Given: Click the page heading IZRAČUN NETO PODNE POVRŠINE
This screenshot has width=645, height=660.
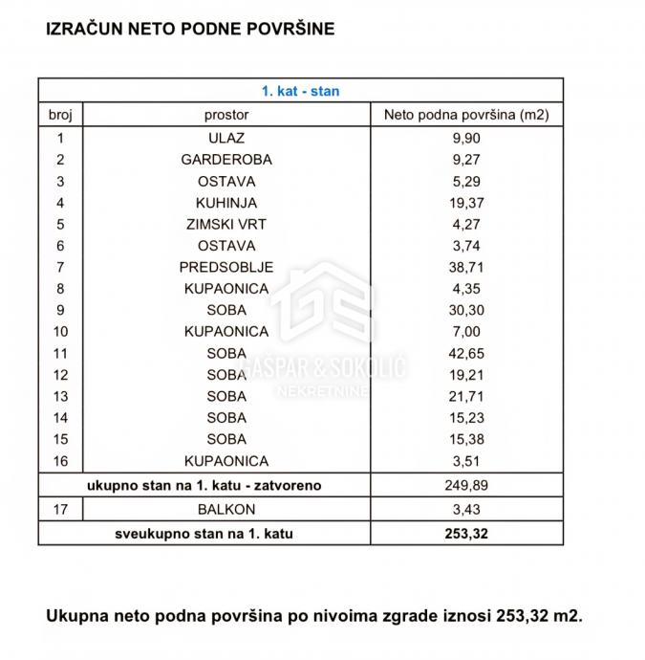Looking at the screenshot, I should [190, 29].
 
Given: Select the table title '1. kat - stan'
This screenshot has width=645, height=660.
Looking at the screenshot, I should [301, 93].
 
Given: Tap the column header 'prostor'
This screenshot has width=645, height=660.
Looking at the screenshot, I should [226, 115].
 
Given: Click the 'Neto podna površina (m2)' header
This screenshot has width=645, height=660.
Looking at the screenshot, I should [466, 115].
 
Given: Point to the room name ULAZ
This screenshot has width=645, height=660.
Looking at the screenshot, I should [226, 138].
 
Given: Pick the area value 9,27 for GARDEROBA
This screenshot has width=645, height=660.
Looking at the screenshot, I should [466, 160].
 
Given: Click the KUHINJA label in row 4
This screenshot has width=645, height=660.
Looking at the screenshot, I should [226, 203].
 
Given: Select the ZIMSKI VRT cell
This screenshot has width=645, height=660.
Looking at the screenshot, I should [226, 225].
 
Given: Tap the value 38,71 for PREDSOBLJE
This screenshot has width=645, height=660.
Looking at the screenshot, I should [466, 267].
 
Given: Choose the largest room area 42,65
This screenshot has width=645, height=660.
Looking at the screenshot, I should [466, 353].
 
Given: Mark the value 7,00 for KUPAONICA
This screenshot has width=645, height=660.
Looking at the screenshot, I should [466, 331].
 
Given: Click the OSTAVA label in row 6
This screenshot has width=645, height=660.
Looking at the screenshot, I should [226, 246].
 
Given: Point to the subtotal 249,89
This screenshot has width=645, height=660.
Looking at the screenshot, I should [466, 486].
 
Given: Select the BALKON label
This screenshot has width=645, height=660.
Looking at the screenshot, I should [226, 511].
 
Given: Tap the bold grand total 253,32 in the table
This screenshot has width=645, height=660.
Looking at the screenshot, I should [466, 534].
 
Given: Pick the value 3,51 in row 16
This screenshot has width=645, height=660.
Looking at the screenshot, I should [466, 460].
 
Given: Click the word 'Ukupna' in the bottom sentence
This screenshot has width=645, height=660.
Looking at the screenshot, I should [78, 616].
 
